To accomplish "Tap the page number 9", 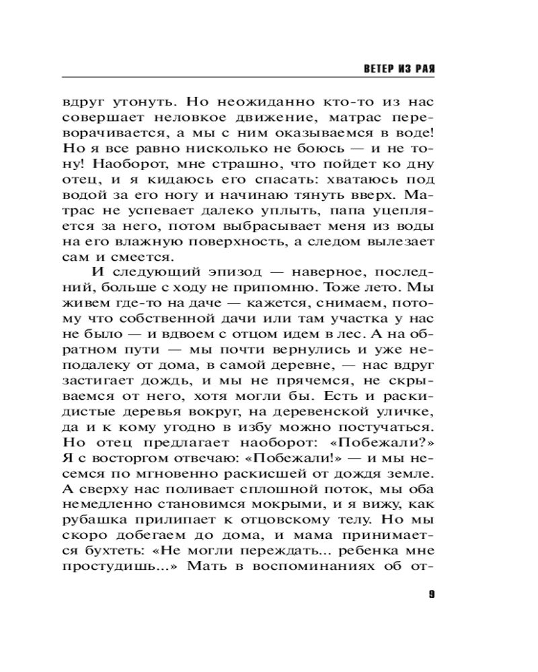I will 431,593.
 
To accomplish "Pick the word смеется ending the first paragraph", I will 137,256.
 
